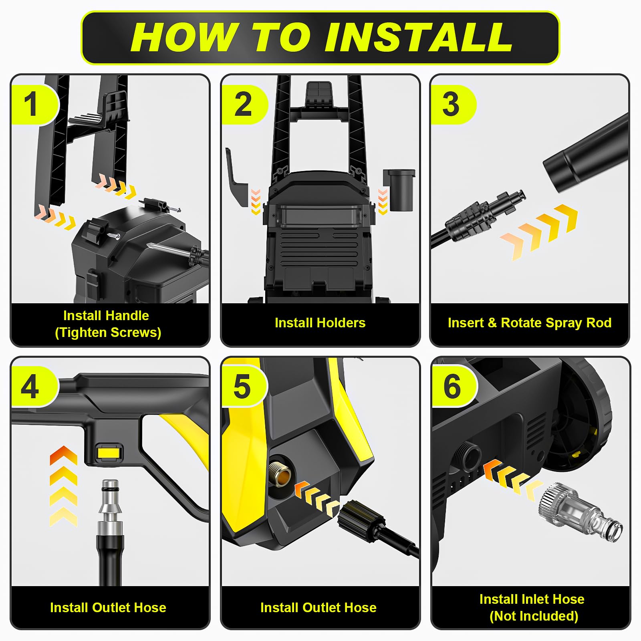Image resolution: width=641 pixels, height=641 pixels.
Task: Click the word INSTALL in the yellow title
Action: (x=418, y=37)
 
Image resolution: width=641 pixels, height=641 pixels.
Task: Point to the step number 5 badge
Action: (x=244, y=387)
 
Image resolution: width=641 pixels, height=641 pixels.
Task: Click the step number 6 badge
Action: (x=454, y=387)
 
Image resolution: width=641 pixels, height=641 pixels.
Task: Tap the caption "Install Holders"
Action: (x=320, y=323)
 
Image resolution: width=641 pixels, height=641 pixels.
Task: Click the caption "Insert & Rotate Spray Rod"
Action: (x=530, y=323)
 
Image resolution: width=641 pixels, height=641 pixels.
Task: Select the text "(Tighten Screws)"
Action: (x=108, y=333)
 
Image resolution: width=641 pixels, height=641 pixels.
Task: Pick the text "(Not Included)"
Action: (x=534, y=616)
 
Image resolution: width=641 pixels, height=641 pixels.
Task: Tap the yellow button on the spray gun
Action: (x=109, y=454)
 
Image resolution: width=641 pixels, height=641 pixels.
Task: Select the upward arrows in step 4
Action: (x=63, y=486)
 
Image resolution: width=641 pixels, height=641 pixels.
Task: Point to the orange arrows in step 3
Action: (x=539, y=232)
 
